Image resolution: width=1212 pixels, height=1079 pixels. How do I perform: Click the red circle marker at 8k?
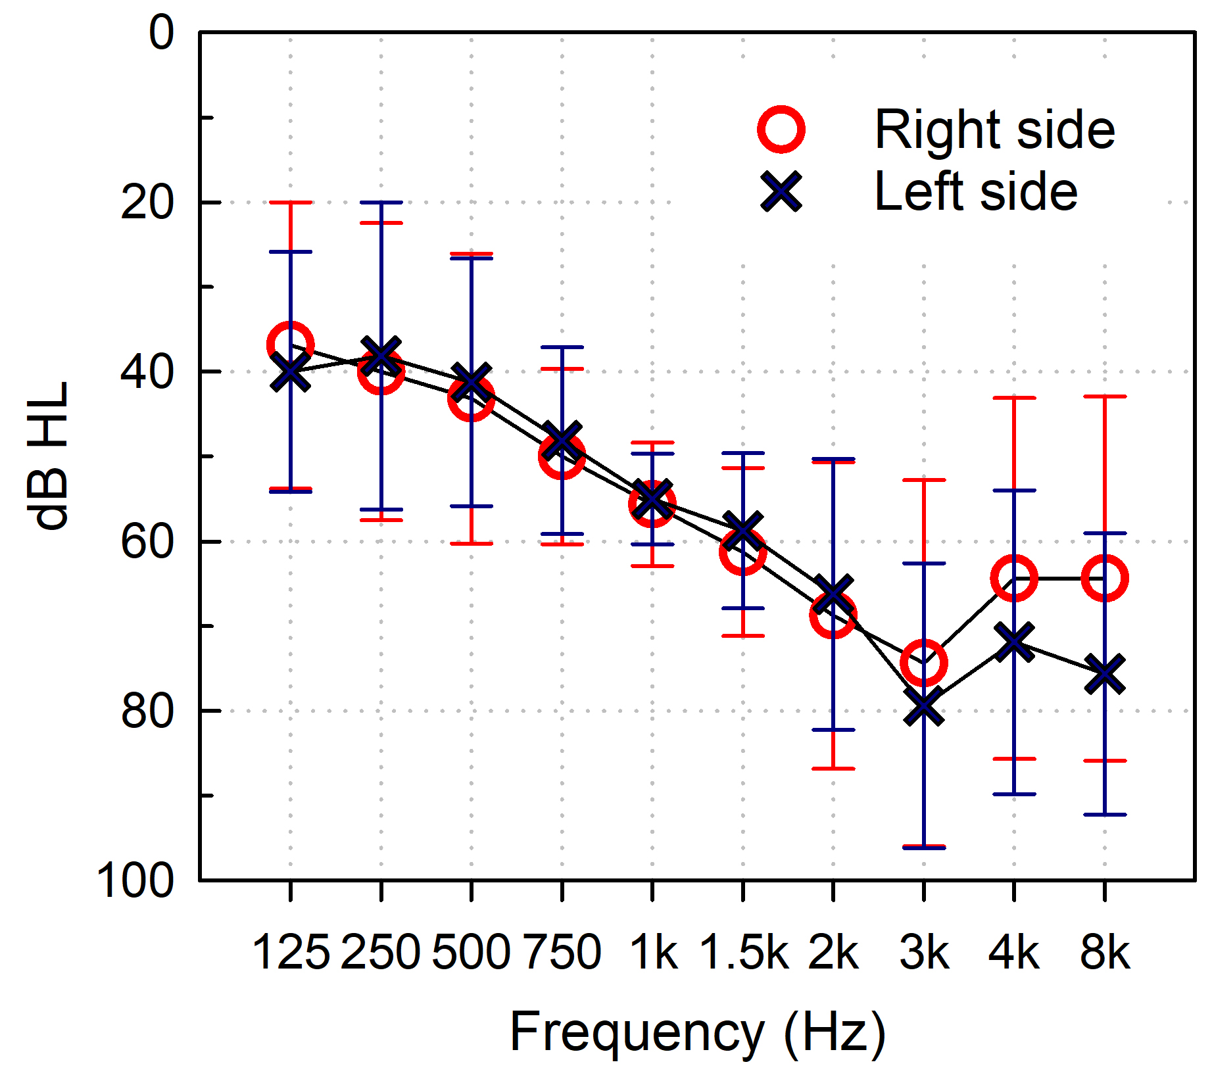point(1105,578)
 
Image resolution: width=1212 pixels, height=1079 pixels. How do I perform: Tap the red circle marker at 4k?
point(1014,578)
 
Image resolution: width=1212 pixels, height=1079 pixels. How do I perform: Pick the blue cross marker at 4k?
point(1014,642)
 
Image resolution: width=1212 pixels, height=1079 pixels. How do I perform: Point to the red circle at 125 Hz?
point(290,345)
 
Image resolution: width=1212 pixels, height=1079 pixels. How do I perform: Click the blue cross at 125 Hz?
point(290,372)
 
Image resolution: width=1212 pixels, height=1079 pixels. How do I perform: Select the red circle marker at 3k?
point(924,662)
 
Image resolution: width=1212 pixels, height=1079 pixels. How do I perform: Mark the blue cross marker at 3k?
point(924,706)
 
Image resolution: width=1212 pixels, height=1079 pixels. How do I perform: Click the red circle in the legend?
point(781,130)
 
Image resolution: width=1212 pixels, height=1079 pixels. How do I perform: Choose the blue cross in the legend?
point(781,191)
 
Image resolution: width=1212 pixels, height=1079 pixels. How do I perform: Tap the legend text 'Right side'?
point(994,130)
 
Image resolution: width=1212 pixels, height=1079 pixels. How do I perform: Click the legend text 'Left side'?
point(976,191)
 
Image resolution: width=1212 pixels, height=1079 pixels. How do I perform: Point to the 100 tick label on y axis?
point(136,880)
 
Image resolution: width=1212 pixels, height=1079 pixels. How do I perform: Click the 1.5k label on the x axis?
point(743,951)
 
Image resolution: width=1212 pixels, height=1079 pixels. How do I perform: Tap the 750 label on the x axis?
point(562,951)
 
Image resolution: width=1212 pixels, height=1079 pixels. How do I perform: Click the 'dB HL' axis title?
point(49,455)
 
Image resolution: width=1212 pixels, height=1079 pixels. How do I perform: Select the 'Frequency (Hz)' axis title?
point(698,1032)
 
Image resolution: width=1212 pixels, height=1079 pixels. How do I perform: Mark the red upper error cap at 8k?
point(1105,396)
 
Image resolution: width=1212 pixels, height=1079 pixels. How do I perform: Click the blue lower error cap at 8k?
point(1105,815)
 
